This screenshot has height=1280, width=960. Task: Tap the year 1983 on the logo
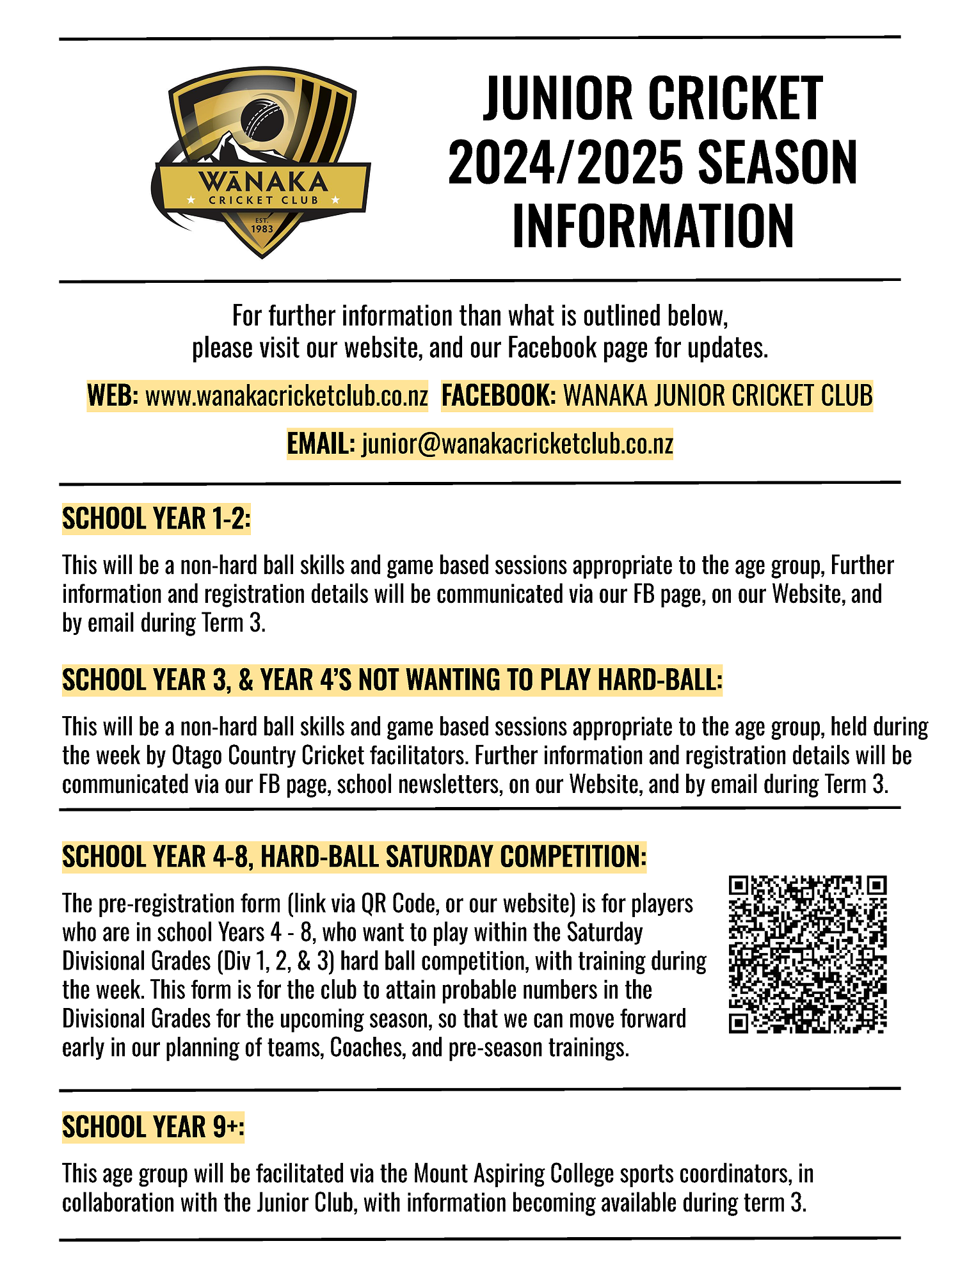pyautogui.click(x=262, y=228)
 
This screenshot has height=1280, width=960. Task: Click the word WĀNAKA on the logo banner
pyautogui.click(x=262, y=182)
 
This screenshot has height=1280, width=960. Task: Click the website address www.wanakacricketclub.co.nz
pyautogui.click(x=287, y=396)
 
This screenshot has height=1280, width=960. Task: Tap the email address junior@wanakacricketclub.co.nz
pyautogui.click(x=517, y=444)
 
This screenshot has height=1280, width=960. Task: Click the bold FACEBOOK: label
pyautogui.click(x=499, y=396)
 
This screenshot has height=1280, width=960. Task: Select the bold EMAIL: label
pyautogui.click(x=321, y=444)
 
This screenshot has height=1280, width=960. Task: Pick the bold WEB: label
pyautogui.click(x=113, y=396)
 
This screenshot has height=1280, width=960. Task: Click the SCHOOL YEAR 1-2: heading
pyautogui.click(x=156, y=519)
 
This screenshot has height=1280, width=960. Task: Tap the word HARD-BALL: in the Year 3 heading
pyautogui.click(x=660, y=680)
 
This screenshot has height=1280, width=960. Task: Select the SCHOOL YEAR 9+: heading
pyautogui.click(x=153, y=1127)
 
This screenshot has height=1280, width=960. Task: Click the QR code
pyautogui.click(x=808, y=954)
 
